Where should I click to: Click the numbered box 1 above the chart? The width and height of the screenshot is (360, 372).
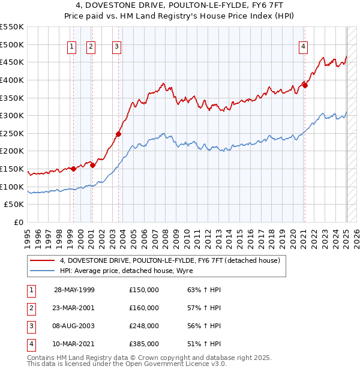(72, 47)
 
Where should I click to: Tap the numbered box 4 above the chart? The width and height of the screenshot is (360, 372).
(304, 47)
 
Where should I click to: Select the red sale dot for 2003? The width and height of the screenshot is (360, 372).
(118, 134)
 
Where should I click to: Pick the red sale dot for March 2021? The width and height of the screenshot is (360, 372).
(305, 85)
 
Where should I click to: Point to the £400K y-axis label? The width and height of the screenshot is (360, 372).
(12, 80)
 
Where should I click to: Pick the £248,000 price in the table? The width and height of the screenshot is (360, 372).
(144, 326)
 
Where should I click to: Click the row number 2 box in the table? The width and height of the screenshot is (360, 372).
(31, 308)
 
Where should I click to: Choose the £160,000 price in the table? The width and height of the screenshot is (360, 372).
(144, 308)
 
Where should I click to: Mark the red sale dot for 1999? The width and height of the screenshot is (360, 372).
(73, 169)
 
